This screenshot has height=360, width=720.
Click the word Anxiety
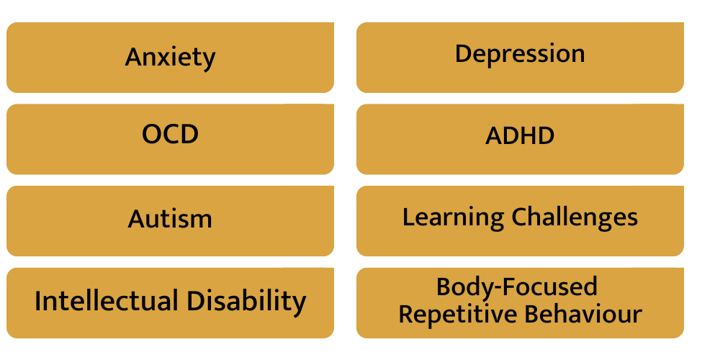170,58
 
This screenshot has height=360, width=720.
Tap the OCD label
170,134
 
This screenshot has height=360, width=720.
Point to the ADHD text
520,135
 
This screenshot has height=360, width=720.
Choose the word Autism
170,218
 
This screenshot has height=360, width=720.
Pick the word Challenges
575,217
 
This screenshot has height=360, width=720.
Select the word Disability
246,302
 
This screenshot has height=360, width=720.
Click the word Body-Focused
516,287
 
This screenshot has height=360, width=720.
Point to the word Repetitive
457,315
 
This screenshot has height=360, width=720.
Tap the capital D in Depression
463,54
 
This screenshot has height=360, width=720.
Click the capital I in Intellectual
37,301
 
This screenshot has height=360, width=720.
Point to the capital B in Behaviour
532,314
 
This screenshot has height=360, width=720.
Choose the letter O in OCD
151,134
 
